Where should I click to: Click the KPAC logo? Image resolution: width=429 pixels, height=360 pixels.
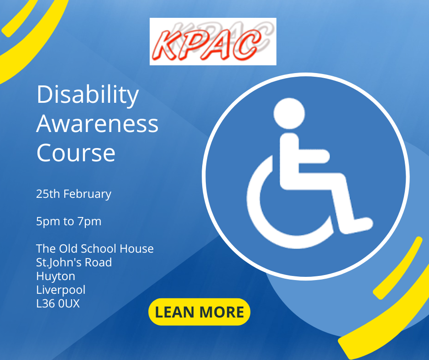(x=213, y=42)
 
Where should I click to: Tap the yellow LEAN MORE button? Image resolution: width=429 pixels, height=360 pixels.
(x=199, y=312)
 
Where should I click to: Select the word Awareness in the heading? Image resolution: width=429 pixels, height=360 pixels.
(x=97, y=124)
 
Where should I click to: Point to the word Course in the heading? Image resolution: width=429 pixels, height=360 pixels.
(x=76, y=153)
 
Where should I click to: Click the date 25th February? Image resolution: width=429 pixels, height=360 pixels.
(x=73, y=194)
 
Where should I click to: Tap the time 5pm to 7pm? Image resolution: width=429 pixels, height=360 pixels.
(x=68, y=222)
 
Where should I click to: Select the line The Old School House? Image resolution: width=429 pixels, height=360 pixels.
(x=94, y=249)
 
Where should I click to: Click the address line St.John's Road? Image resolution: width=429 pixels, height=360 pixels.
(x=74, y=262)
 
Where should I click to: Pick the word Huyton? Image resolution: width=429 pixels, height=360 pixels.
(x=56, y=276)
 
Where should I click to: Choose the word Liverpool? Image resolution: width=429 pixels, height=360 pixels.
(x=61, y=290)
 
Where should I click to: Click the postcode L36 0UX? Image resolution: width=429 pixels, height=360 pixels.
(x=58, y=303)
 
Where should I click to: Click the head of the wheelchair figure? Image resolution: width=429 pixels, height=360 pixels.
(x=289, y=113)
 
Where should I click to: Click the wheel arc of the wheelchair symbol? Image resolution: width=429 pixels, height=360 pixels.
(x=263, y=219)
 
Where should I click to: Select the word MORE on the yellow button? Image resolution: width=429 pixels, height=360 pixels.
(x=222, y=312)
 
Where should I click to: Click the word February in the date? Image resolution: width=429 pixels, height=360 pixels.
(x=87, y=194)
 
